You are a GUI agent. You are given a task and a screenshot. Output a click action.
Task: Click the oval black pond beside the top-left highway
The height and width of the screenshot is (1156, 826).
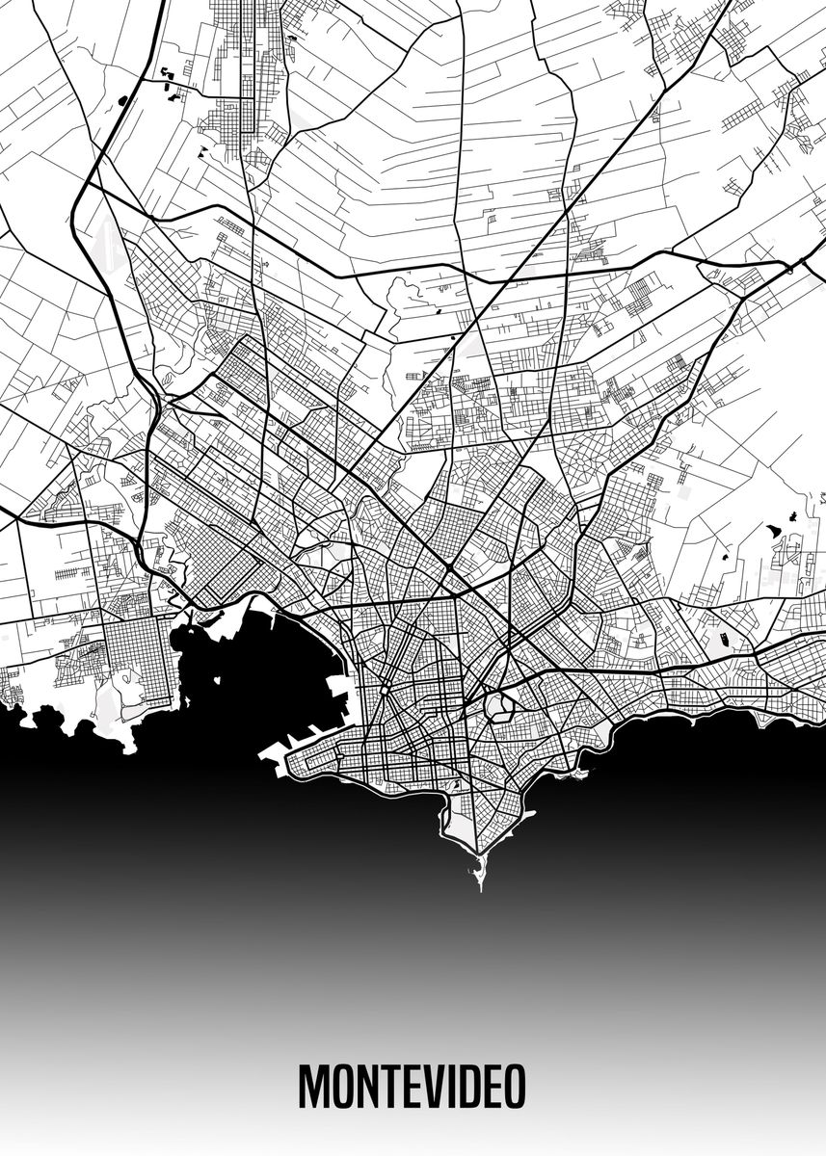tap(122, 98)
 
